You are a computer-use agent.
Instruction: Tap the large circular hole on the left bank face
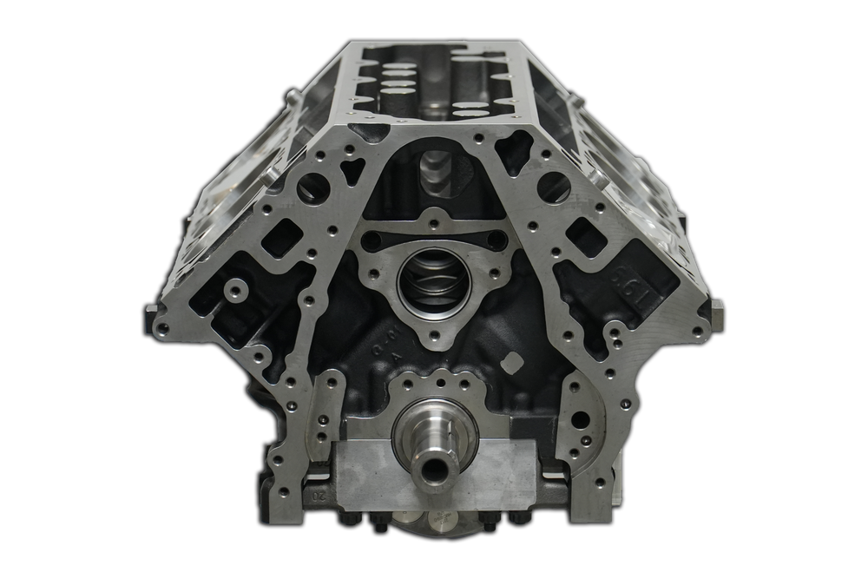click(312, 188)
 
